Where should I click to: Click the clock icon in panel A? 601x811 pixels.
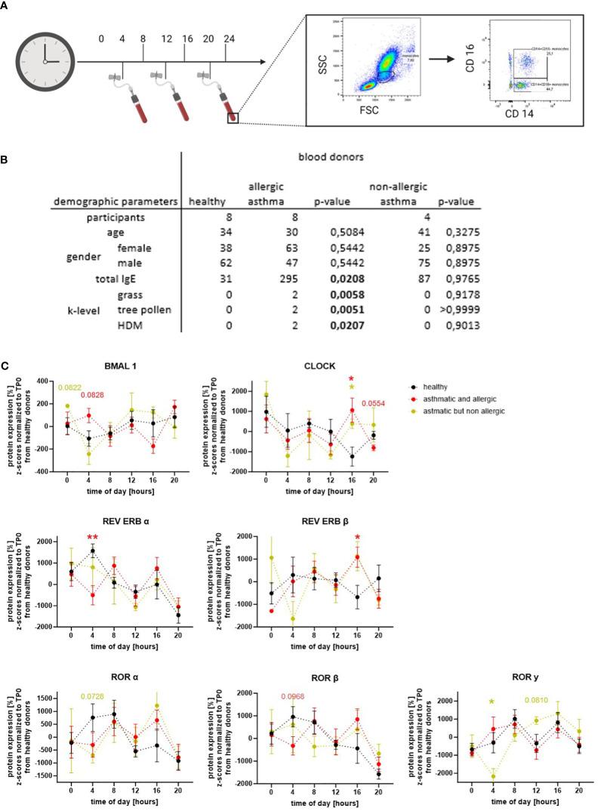tap(45, 61)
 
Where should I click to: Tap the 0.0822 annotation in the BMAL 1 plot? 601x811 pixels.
tap(72, 387)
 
